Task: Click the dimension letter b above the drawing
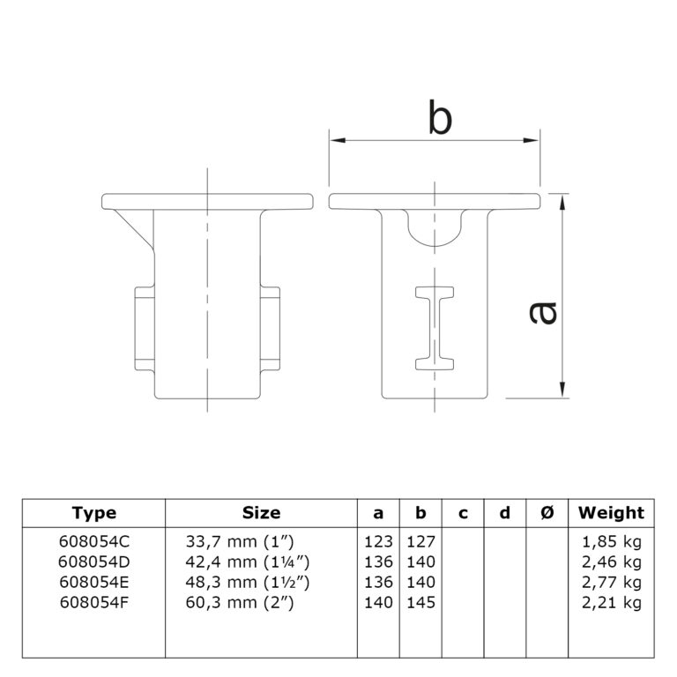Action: (x=440, y=116)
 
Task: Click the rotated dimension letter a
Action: (x=543, y=313)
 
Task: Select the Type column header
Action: (x=93, y=513)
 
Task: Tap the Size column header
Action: (x=261, y=513)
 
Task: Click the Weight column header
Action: (x=611, y=513)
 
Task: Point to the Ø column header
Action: (x=547, y=513)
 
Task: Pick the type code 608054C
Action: (x=94, y=541)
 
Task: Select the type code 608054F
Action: (x=93, y=602)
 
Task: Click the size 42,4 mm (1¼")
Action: (x=248, y=562)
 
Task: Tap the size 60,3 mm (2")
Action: (x=240, y=602)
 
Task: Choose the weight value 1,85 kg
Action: (x=612, y=541)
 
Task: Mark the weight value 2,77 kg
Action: (x=612, y=582)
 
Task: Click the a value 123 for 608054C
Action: (x=378, y=541)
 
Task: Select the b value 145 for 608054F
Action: (x=420, y=602)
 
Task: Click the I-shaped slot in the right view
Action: (x=435, y=329)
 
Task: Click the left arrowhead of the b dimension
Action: (x=338, y=140)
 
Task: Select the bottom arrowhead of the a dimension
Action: (x=562, y=390)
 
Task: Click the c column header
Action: (x=463, y=513)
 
